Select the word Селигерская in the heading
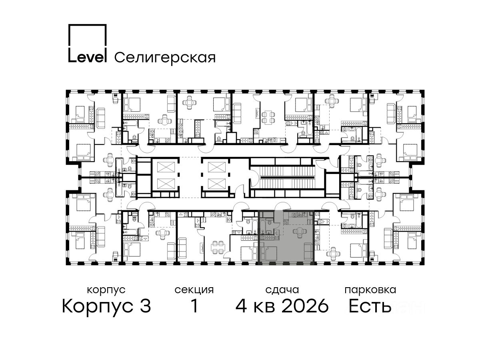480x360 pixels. tap(165, 58)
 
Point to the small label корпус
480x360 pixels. tap(106, 290)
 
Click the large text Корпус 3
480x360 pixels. tap(106, 306)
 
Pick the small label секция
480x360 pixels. tap(194, 290)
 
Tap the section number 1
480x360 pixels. tap(194, 306)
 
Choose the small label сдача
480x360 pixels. tap(282, 290)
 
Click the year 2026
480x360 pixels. tap(305, 306)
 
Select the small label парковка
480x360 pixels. tap(370, 290)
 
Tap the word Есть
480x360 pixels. tap(370, 306)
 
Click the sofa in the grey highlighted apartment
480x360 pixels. tap(309, 251)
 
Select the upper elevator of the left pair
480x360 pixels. tap(166, 167)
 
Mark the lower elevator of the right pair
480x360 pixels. tap(217, 184)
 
